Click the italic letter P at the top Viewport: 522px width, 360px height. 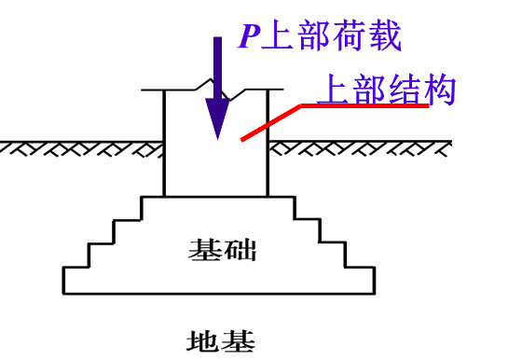click(248, 36)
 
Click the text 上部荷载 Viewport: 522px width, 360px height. click(332, 35)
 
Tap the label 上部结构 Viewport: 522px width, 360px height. click(386, 90)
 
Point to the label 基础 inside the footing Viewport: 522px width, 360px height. click(222, 250)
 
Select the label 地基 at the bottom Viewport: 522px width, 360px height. click(221, 340)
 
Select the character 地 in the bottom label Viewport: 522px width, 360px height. click(203, 340)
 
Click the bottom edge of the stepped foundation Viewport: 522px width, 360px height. click(219, 294)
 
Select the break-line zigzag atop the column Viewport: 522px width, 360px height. click(216, 88)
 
